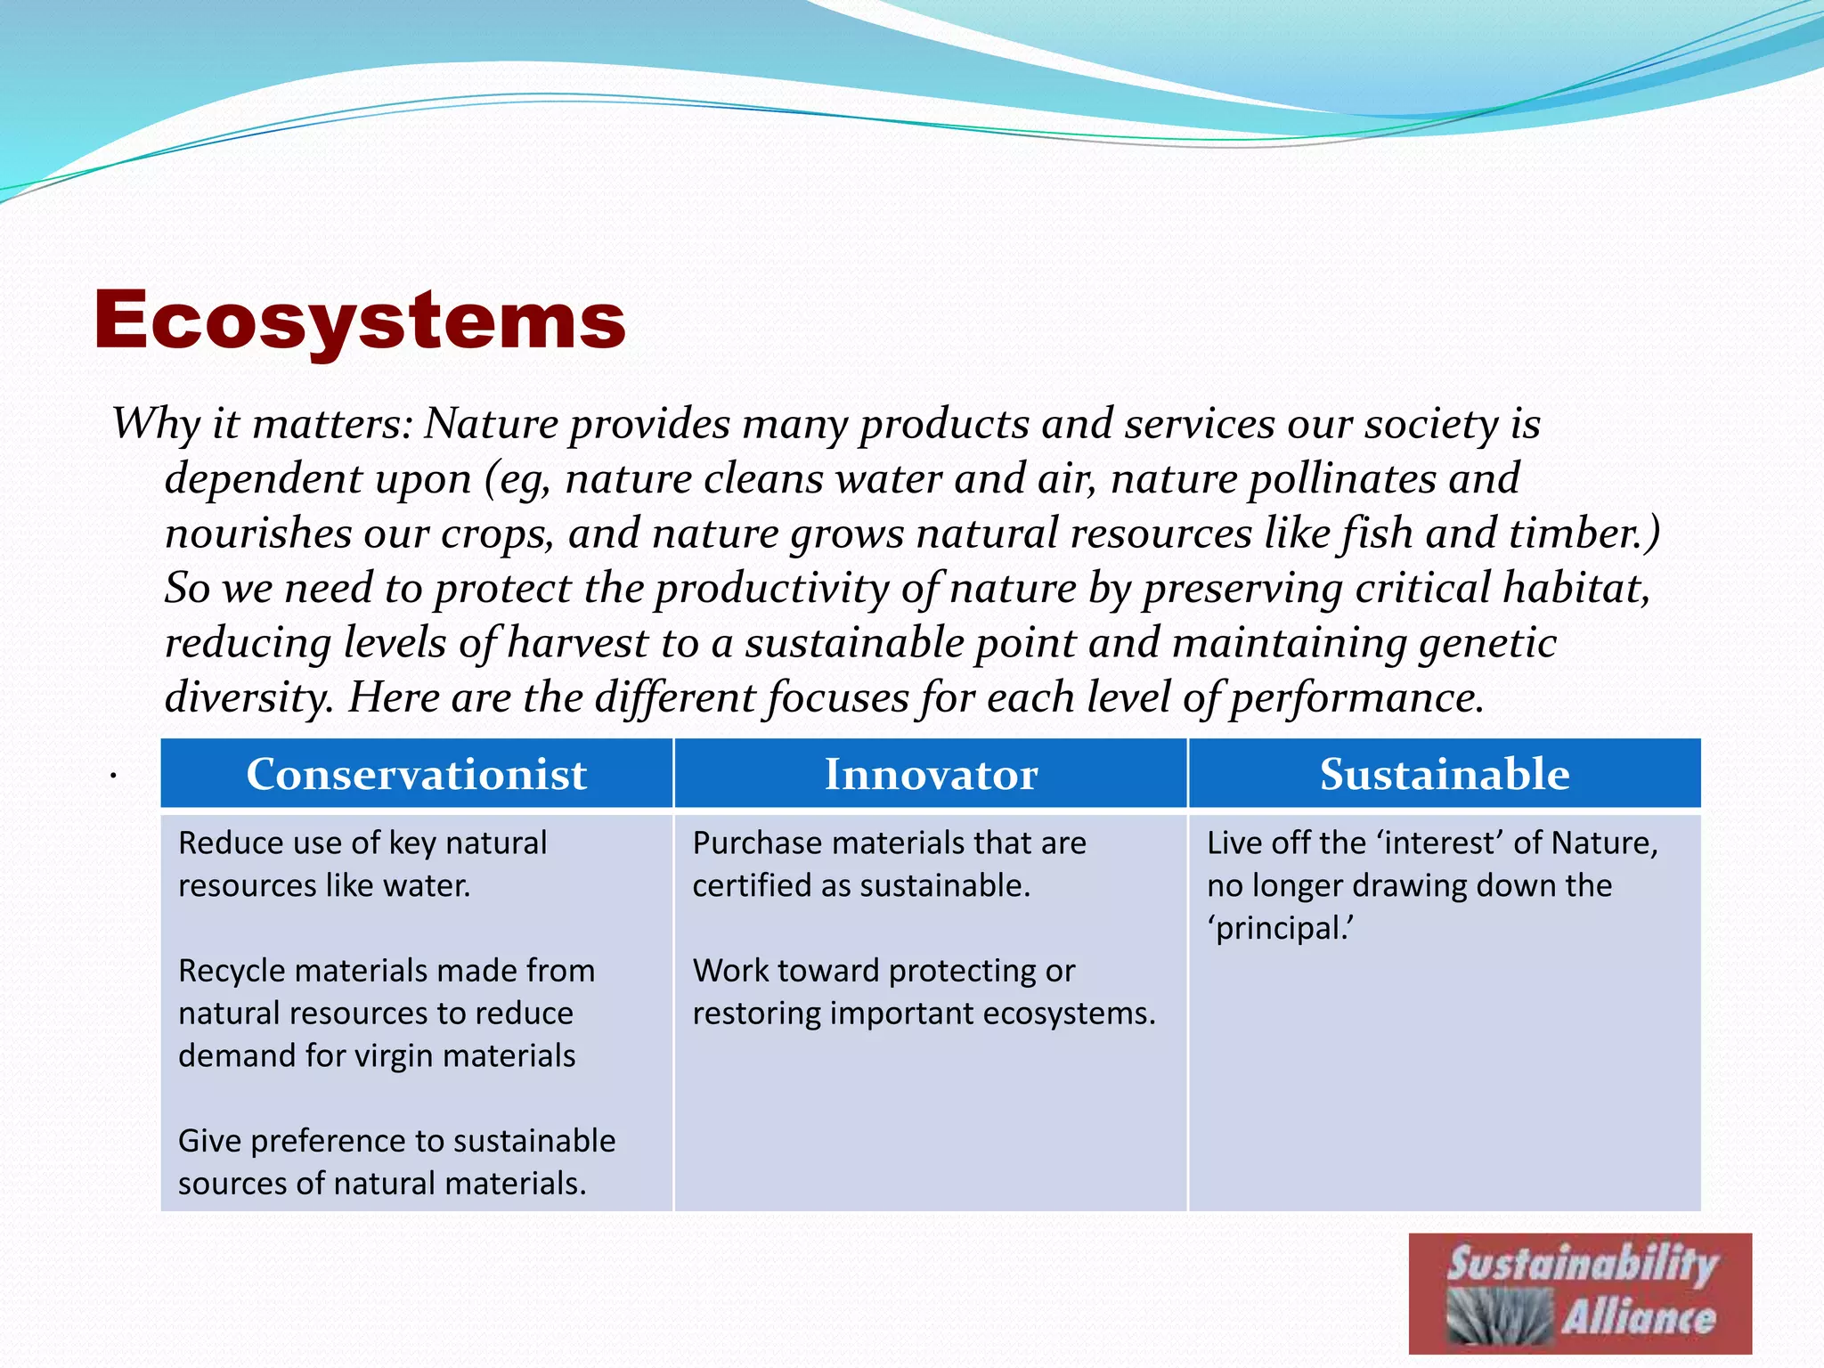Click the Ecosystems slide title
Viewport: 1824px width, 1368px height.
click(359, 321)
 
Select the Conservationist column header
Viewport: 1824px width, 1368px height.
click(416, 774)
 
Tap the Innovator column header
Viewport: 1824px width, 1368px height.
click(931, 774)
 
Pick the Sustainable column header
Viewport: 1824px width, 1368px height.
click(1444, 774)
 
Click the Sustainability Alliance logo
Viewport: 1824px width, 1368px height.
click(1579, 1293)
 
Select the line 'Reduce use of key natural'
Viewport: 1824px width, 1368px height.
click(362, 843)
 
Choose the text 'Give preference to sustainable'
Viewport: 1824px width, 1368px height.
click(396, 1141)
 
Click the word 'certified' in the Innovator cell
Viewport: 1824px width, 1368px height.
click(755, 886)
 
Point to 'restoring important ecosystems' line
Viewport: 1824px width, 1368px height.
click(924, 1014)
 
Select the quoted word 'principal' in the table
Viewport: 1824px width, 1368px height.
click(1279, 929)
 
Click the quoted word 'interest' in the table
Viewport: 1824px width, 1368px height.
click(1440, 843)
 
